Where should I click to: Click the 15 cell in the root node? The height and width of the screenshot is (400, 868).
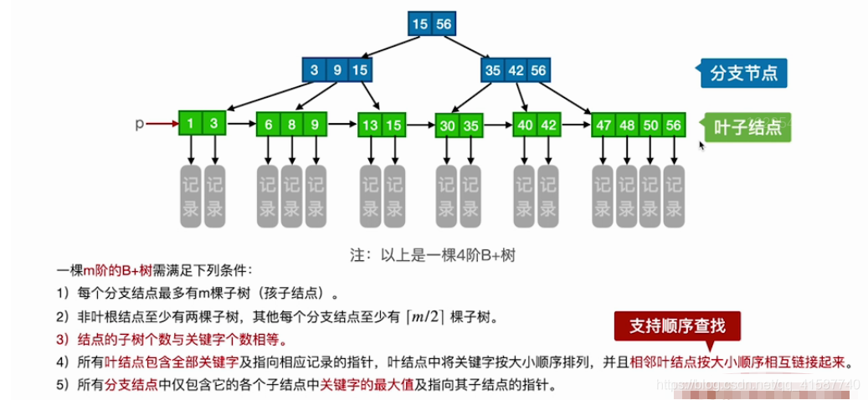pos(420,24)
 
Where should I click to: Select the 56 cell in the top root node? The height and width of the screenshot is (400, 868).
pos(444,24)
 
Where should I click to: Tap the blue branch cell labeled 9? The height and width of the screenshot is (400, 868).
pos(337,70)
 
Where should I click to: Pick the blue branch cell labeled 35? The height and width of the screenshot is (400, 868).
pos(492,70)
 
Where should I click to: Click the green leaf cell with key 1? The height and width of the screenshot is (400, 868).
pos(191,124)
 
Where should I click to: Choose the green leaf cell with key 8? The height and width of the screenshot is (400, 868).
pos(291,124)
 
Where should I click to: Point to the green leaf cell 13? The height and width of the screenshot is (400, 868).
pos(370,125)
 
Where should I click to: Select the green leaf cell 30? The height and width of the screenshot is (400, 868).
pos(448,126)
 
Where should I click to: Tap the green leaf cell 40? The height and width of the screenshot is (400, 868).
pos(525,125)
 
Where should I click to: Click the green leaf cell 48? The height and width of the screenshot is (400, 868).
pos(626,125)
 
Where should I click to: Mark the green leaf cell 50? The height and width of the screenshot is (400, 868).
pos(650,125)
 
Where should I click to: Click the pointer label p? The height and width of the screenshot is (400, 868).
pos(140,124)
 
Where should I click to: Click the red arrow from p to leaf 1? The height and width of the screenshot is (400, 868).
pos(162,124)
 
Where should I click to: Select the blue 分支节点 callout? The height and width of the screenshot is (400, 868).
pos(745,73)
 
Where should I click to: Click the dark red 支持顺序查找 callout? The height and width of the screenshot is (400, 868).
pos(678,327)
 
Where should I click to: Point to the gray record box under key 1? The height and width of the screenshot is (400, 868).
pos(192,196)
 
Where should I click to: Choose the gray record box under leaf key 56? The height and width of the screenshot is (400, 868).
pos(674,196)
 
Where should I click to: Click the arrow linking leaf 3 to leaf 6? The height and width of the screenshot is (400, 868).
pos(241,125)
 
